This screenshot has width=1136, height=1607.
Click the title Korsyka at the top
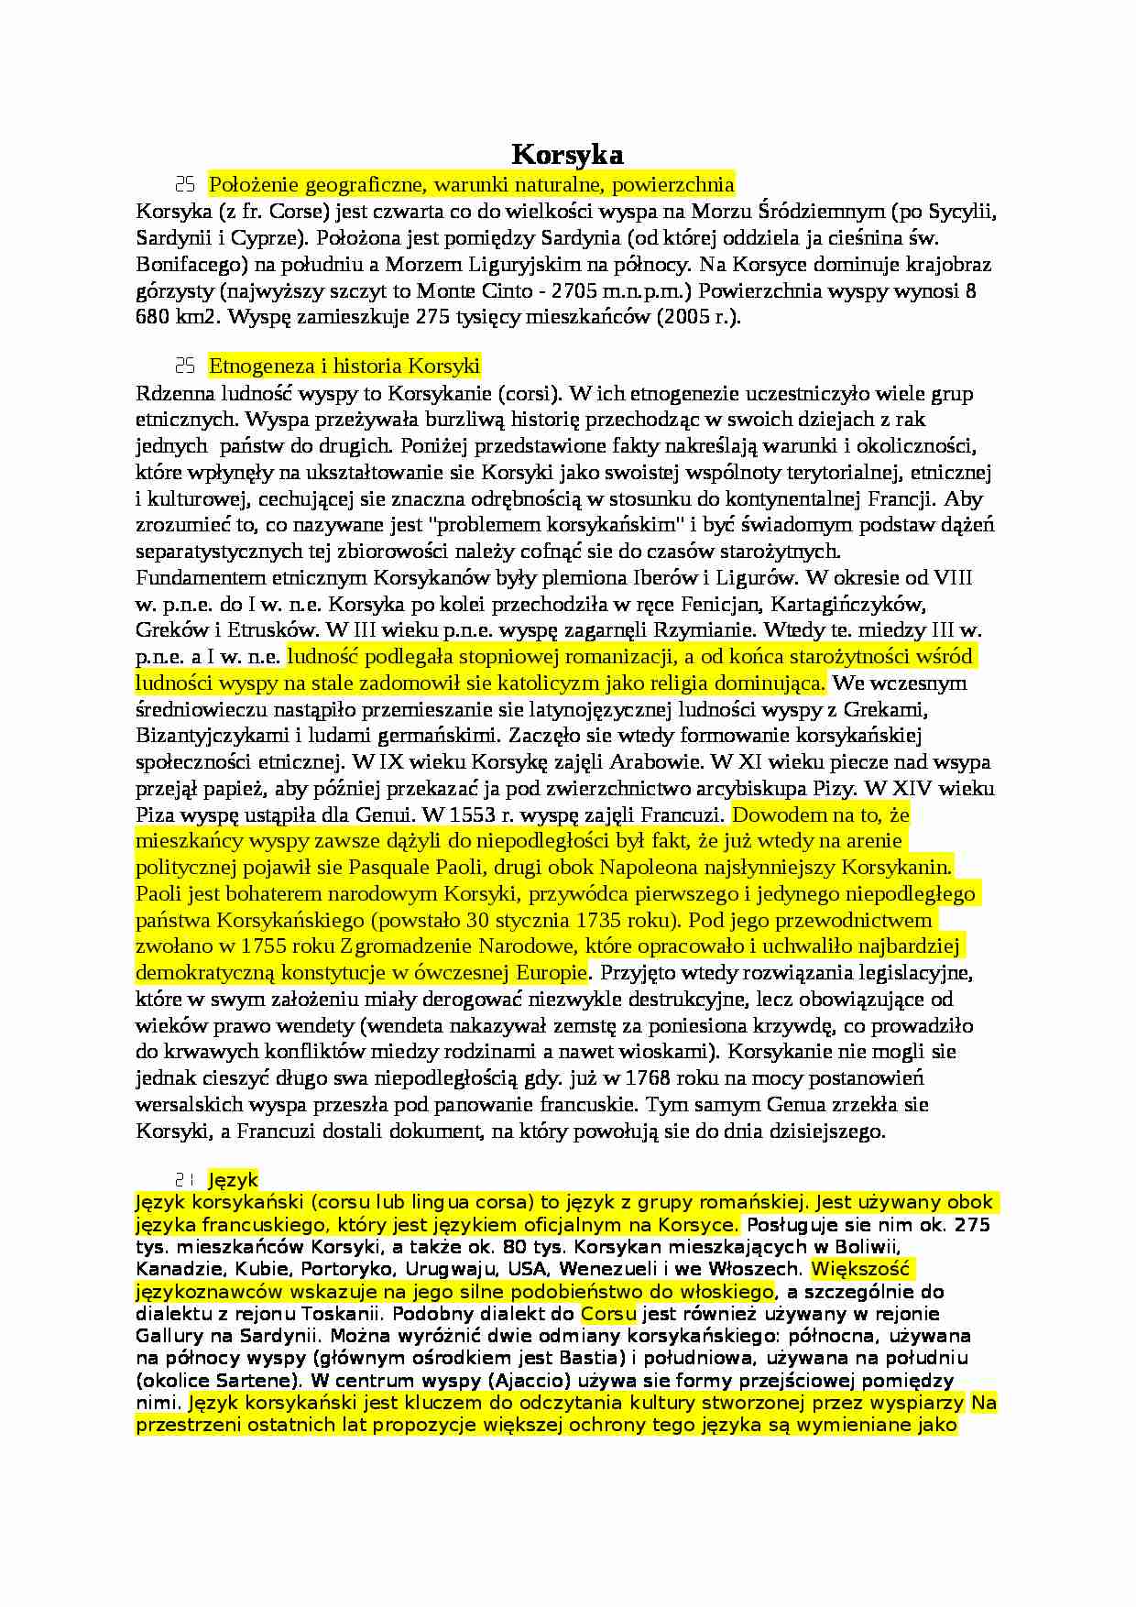click(567, 153)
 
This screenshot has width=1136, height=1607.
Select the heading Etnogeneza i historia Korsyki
click(344, 366)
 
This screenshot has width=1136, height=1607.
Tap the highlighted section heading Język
click(234, 1180)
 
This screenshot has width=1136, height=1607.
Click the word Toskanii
click(333, 1314)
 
